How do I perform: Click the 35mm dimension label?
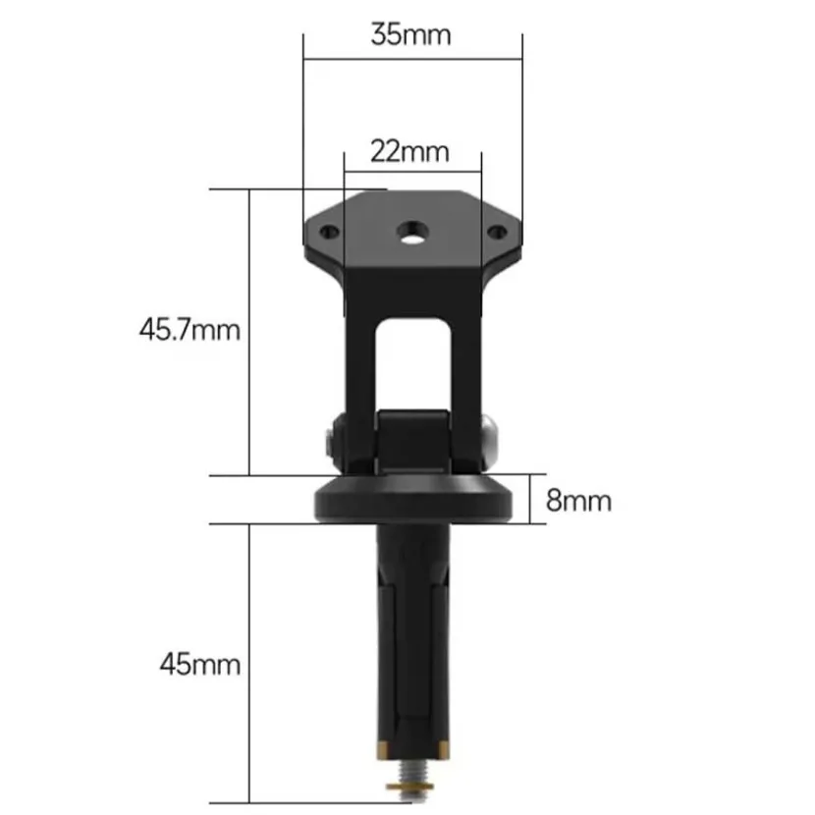pyautogui.click(x=410, y=35)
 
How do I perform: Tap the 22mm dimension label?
pyautogui.click(x=409, y=152)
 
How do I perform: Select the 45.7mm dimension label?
pyautogui.click(x=190, y=330)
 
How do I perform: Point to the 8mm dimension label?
pyautogui.click(x=578, y=501)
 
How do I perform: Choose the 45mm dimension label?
pyautogui.click(x=200, y=664)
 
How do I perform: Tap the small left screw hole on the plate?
pyautogui.click(x=329, y=232)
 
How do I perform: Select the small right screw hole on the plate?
pyautogui.click(x=497, y=232)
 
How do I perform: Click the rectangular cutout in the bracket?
pyautogui.click(x=412, y=364)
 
